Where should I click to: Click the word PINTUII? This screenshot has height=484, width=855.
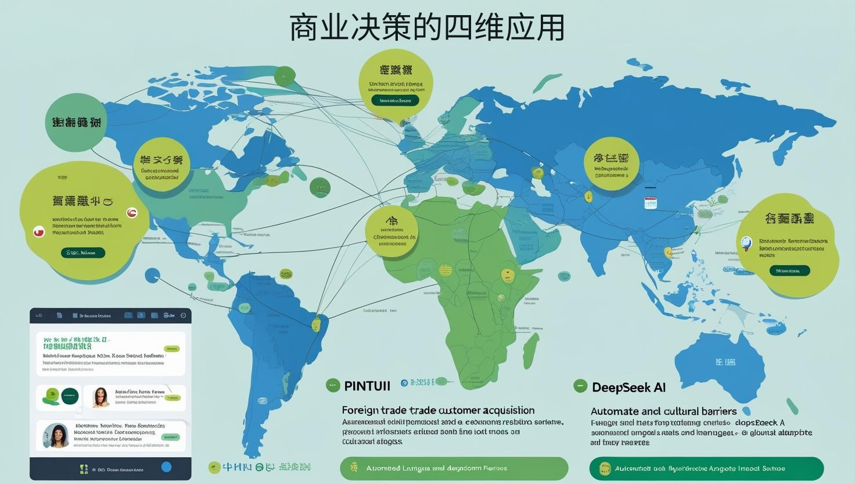coord(367,386)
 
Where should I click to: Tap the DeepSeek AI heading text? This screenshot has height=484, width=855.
coord(628,387)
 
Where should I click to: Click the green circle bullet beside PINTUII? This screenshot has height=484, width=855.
coord(333,385)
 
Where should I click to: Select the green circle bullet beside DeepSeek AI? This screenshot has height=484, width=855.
coord(580,386)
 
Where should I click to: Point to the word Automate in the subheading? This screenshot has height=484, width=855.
coord(615,411)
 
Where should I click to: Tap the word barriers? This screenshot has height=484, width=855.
coord(714,411)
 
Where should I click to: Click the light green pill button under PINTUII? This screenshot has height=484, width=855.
coord(454,468)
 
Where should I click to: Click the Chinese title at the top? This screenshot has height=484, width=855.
coord(427,28)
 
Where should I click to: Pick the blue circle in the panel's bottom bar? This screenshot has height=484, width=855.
coord(166,467)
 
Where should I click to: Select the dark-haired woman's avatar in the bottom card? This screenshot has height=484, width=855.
coord(57,435)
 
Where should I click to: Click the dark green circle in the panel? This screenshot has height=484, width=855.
coord(70,396)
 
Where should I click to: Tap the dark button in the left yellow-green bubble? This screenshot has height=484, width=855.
coord(83,252)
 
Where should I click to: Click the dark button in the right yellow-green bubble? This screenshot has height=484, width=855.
coord(789,271)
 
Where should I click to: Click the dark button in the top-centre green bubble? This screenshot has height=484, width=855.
coord(395,100)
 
